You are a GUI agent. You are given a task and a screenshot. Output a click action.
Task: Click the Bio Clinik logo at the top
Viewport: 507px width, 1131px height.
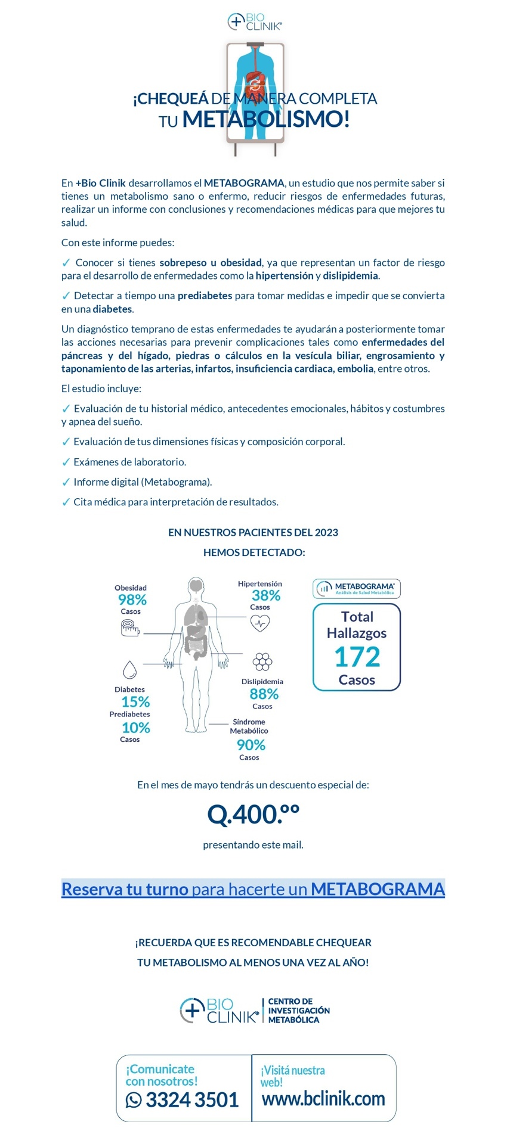(254, 22)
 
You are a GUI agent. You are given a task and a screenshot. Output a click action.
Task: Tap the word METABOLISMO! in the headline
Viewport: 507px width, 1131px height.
(265, 119)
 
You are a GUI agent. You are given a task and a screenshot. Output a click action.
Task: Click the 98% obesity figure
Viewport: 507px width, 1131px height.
(132, 599)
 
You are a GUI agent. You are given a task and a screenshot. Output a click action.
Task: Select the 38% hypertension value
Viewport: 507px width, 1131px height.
(265, 595)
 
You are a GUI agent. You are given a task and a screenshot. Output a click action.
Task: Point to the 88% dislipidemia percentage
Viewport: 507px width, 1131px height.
(264, 694)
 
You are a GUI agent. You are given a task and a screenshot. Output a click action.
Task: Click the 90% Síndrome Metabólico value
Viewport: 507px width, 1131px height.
(251, 745)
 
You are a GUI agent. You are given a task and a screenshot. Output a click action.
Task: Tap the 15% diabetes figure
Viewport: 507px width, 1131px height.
(135, 702)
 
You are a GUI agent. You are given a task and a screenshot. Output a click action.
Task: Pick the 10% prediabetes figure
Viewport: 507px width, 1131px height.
(135, 728)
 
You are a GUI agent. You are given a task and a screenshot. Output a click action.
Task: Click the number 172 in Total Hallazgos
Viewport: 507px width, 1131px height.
(357, 657)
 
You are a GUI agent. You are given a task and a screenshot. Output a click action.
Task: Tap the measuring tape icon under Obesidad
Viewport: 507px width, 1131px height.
(130, 627)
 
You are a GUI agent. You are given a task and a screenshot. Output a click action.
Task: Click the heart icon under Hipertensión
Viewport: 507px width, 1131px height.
(260, 623)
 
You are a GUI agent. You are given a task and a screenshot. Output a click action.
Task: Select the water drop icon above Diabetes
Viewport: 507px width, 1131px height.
(129, 670)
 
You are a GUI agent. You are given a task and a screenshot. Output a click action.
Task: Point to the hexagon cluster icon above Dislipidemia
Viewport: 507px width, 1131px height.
(262, 661)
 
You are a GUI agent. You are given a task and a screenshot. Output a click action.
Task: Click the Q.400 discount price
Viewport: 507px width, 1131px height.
(253, 814)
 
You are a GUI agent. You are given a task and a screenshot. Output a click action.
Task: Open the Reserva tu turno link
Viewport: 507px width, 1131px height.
(253, 889)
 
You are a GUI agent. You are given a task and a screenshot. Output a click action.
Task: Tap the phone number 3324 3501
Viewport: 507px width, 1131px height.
(191, 1099)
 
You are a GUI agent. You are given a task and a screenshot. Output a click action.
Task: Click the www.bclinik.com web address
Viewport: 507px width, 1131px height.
(323, 1098)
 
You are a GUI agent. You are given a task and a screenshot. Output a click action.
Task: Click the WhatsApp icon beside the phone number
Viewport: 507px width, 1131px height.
(134, 1100)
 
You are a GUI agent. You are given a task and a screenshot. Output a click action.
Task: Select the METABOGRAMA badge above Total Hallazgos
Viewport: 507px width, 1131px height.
(357, 589)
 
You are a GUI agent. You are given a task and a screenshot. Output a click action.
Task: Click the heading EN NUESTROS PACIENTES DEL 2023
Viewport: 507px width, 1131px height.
(253, 532)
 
